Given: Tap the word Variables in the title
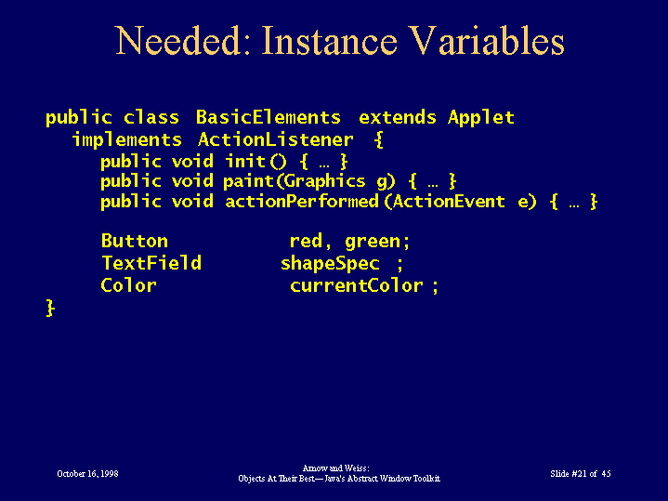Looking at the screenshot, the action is tap(486, 41).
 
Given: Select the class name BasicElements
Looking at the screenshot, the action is tap(268, 117).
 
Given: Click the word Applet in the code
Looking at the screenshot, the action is tap(481, 118).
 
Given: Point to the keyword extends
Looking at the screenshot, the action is tap(398, 117).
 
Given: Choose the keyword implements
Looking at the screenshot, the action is tap(127, 140).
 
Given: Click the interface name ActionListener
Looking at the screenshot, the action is tap(275, 139).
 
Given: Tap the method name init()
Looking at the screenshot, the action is tap(256, 162).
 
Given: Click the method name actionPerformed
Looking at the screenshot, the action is tap(302, 202).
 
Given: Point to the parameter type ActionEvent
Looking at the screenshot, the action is tap(449, 202).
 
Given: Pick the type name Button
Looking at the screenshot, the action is tap(134, 241).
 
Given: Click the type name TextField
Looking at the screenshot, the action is tap(151, 263).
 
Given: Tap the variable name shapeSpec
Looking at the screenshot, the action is tap(330, 264).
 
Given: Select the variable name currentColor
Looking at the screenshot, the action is tap(357, 285).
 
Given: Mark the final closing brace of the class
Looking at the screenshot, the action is tap(50, 308).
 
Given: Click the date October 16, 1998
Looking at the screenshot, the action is tap(87, 474).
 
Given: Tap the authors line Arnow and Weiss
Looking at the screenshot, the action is tap(335, 468).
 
